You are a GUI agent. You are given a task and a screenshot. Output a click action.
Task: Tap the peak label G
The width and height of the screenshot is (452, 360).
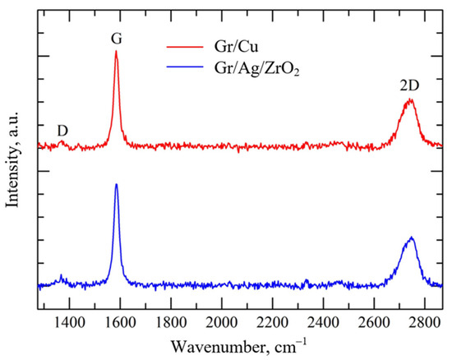click(x=116, y=38)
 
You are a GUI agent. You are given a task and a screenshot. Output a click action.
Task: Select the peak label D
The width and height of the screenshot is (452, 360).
click(x=62, y=131)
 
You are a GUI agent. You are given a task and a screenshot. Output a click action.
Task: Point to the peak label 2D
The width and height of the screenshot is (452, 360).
click(x=410, y=82)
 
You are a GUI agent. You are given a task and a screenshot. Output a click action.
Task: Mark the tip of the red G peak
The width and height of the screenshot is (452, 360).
click(x=116, y=51)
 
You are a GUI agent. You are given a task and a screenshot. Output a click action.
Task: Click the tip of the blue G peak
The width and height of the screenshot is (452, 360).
click(x=116, y=184)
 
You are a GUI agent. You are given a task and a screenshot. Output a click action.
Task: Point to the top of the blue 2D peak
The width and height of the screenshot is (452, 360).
click(x=411, y=238)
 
